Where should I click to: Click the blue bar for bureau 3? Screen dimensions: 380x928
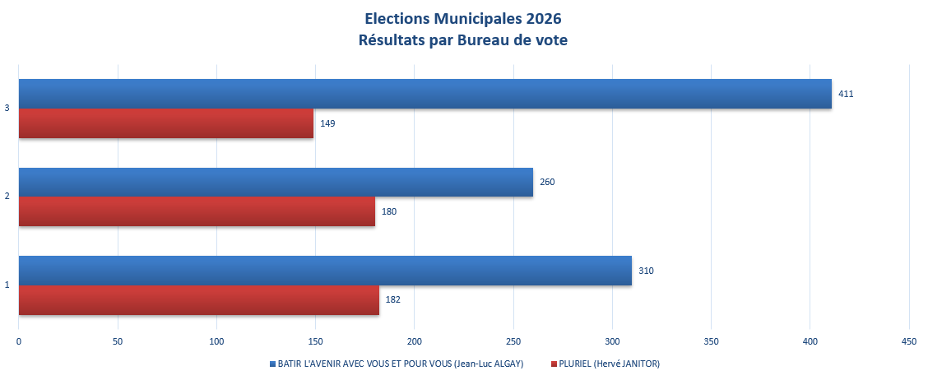(x=425, y=94)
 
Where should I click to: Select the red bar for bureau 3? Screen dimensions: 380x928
(x=166, y=123)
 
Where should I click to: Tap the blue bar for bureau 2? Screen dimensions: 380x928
(x=276, y=182)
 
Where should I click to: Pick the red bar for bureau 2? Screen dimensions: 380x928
(x=197, y=211)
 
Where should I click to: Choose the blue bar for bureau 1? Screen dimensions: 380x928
(x=325, y=271)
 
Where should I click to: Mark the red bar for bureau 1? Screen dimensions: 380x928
(x=199, y=300)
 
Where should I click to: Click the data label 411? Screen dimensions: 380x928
(x=846, y=94)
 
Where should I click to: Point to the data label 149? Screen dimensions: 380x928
(x=327, y=123)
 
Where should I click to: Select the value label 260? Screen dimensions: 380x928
(x=547, y=182)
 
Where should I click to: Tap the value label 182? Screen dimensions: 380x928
(x=393, y=300)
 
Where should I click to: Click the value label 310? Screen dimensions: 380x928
(x=646, y=271)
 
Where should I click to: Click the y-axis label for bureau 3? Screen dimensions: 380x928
(x=7, y=108)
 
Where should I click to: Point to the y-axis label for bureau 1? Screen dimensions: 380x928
(x=7, y=285)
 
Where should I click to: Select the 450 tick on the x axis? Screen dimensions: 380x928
(x=909, y=341)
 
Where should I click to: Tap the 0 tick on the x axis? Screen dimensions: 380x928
(x=19, y=341)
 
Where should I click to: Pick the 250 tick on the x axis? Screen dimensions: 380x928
(x=513, y=341)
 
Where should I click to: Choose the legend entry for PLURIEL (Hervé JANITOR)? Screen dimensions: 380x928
(x=610, y=364)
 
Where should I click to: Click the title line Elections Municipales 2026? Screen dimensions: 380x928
(x=463, y=18)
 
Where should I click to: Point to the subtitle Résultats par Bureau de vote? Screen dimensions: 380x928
(x=463, y=40)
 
